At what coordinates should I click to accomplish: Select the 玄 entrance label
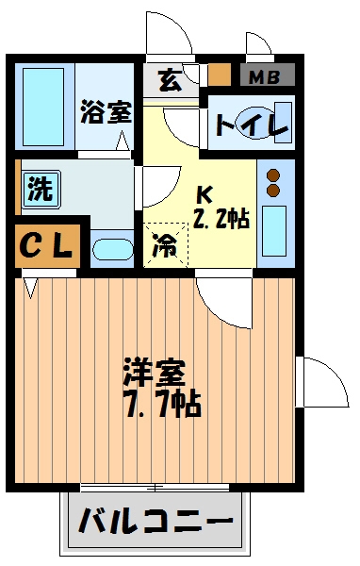tap(170, 80)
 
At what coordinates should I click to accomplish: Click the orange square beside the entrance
tap(219, 75)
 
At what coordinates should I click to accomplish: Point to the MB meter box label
tap(267, 75)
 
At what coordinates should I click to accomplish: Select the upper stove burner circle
tap(274, 175)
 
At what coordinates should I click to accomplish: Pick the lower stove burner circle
tap(274, 191)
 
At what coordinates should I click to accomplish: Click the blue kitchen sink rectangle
tap(275, 229)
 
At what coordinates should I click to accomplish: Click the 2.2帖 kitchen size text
tap(221, 219)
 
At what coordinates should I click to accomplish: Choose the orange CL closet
tap(45, 246)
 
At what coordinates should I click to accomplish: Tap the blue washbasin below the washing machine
tap(113, 251)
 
